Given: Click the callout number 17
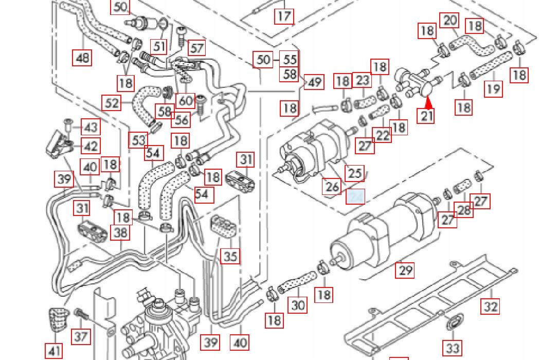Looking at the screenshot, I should [284, 16].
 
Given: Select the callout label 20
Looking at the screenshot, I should [450, 21].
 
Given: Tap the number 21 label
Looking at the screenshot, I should [427, 116].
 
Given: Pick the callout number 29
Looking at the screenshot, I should [406, 269].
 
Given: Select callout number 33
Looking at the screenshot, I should [453, 348].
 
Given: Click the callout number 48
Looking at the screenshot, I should [82, 57].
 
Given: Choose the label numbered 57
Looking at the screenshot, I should [196, 48].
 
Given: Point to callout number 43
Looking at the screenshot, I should [91, 127].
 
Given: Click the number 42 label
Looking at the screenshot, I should [91, 146].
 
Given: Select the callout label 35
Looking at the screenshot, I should [231, 256].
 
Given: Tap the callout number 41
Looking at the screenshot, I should [55, 351].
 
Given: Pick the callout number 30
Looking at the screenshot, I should [298, 305].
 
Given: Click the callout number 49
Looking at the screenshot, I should [314, 82].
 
